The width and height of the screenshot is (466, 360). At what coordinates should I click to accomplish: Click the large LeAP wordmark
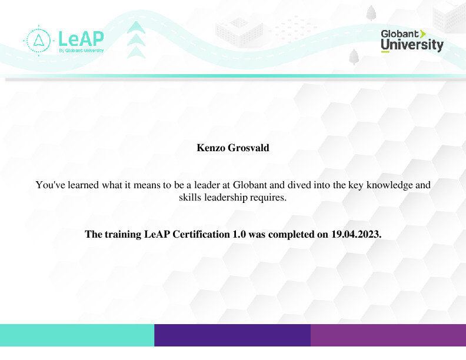click(81, 38)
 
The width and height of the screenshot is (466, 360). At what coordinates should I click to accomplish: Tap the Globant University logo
click(412, 41)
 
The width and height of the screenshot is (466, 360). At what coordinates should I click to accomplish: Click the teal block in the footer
click(77, 335)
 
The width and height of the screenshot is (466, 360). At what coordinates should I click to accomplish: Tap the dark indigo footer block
click(232, 335)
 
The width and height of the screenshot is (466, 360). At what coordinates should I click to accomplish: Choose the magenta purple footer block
click(388, 335)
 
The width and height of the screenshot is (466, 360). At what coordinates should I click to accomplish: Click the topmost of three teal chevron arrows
click(137, 27)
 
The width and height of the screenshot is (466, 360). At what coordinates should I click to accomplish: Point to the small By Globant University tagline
click(81, 51)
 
